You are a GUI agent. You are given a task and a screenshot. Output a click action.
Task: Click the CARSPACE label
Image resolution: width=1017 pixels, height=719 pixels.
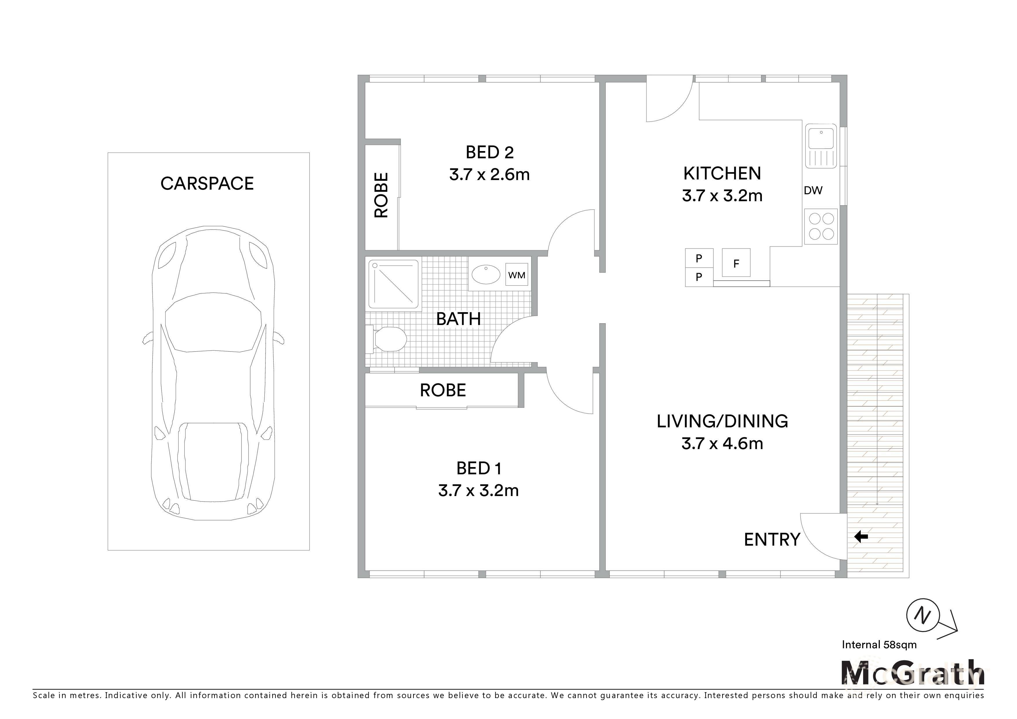pyautogui.click(x=207, y=184)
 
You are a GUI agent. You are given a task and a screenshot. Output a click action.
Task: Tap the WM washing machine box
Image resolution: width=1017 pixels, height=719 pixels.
pyautogui.click(x=517, y=275)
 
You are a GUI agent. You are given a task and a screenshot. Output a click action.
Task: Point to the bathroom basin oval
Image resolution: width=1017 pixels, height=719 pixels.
pyautogui.click(x=486, y=274)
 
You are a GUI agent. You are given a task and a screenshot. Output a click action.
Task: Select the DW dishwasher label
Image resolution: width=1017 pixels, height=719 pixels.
pyautogui.click(x=813, y=190)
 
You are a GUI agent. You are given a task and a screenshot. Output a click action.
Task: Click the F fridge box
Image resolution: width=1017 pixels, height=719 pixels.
pyautogui.click(x=736, y=263)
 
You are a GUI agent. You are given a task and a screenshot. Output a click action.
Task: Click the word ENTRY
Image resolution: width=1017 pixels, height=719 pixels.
pyautogui.click(x=772, y=540)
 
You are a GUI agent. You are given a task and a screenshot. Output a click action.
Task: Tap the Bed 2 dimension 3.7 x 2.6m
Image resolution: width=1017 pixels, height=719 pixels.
pyautogui.click(x=489, y=175)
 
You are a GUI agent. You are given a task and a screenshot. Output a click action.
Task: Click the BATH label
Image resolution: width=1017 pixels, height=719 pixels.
pyautogui.click(x=458, y=319)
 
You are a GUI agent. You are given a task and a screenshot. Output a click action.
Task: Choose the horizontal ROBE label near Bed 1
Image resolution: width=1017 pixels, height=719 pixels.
pyautogui.click(x=443, y=390)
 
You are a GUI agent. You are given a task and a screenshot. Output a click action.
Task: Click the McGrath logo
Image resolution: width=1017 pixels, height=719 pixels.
pyautogui.click(x=912, y=673)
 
